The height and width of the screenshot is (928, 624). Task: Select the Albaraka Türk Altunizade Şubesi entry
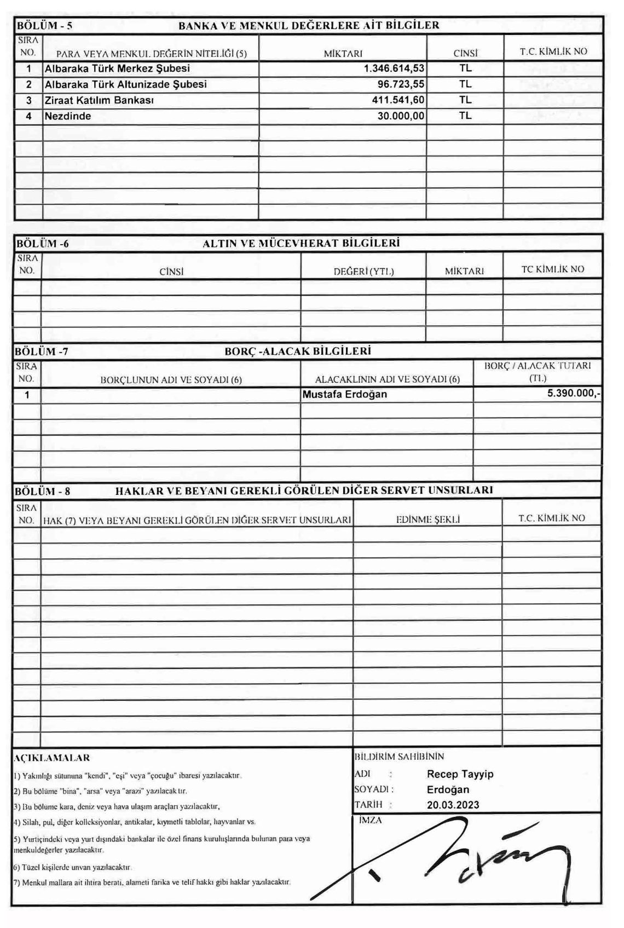[125, 85]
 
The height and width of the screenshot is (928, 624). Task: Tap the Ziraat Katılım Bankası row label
[99, 101]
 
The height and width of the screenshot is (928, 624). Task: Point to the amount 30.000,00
[401, 117]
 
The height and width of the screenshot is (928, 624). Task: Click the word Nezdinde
[68, 117]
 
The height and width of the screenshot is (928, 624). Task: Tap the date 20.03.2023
[453, 805]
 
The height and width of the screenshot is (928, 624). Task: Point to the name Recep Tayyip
[460, 774]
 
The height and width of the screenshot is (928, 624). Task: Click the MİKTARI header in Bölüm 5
[343, 53]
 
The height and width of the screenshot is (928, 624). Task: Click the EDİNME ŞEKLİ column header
[427, 520]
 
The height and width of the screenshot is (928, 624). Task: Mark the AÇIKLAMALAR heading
[51, 758]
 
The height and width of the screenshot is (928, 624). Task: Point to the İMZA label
[369, 820]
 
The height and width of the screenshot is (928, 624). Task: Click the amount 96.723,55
[401, 85]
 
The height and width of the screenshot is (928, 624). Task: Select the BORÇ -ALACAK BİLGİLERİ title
[298, 351]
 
